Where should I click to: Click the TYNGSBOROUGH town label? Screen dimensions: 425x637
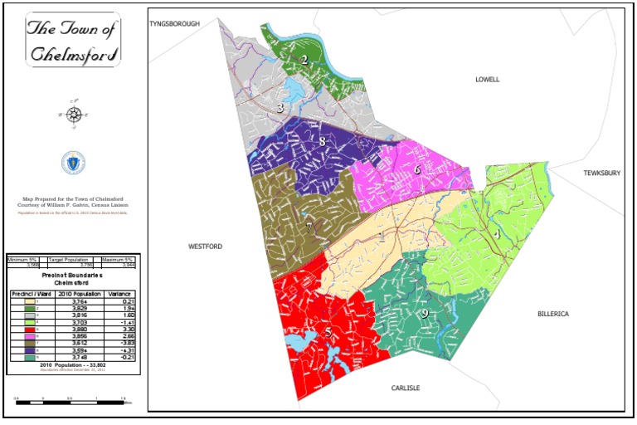point(175,24)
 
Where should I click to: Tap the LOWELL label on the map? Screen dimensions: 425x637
point(488,80)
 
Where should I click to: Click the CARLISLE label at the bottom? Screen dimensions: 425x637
point(406,388)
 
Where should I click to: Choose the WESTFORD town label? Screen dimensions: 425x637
point(205,247)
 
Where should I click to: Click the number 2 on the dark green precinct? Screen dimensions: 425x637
point(304,59)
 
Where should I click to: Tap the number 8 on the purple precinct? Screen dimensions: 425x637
point(322,141)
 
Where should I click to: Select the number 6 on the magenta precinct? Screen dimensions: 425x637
point(417,169)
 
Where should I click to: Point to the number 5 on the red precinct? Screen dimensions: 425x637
point(328,332)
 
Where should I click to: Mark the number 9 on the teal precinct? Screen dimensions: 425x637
point(424,314)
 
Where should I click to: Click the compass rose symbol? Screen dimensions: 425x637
point(74,115)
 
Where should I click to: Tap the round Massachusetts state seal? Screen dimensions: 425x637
point(73,163)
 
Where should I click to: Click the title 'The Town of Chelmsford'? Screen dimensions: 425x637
point(73,40)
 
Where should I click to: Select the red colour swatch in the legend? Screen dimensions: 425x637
point(32,329)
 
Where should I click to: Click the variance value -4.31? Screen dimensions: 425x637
point(122,351)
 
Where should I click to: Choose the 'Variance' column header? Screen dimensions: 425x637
point(122,294)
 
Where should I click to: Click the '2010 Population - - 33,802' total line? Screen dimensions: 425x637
point(73,364)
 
